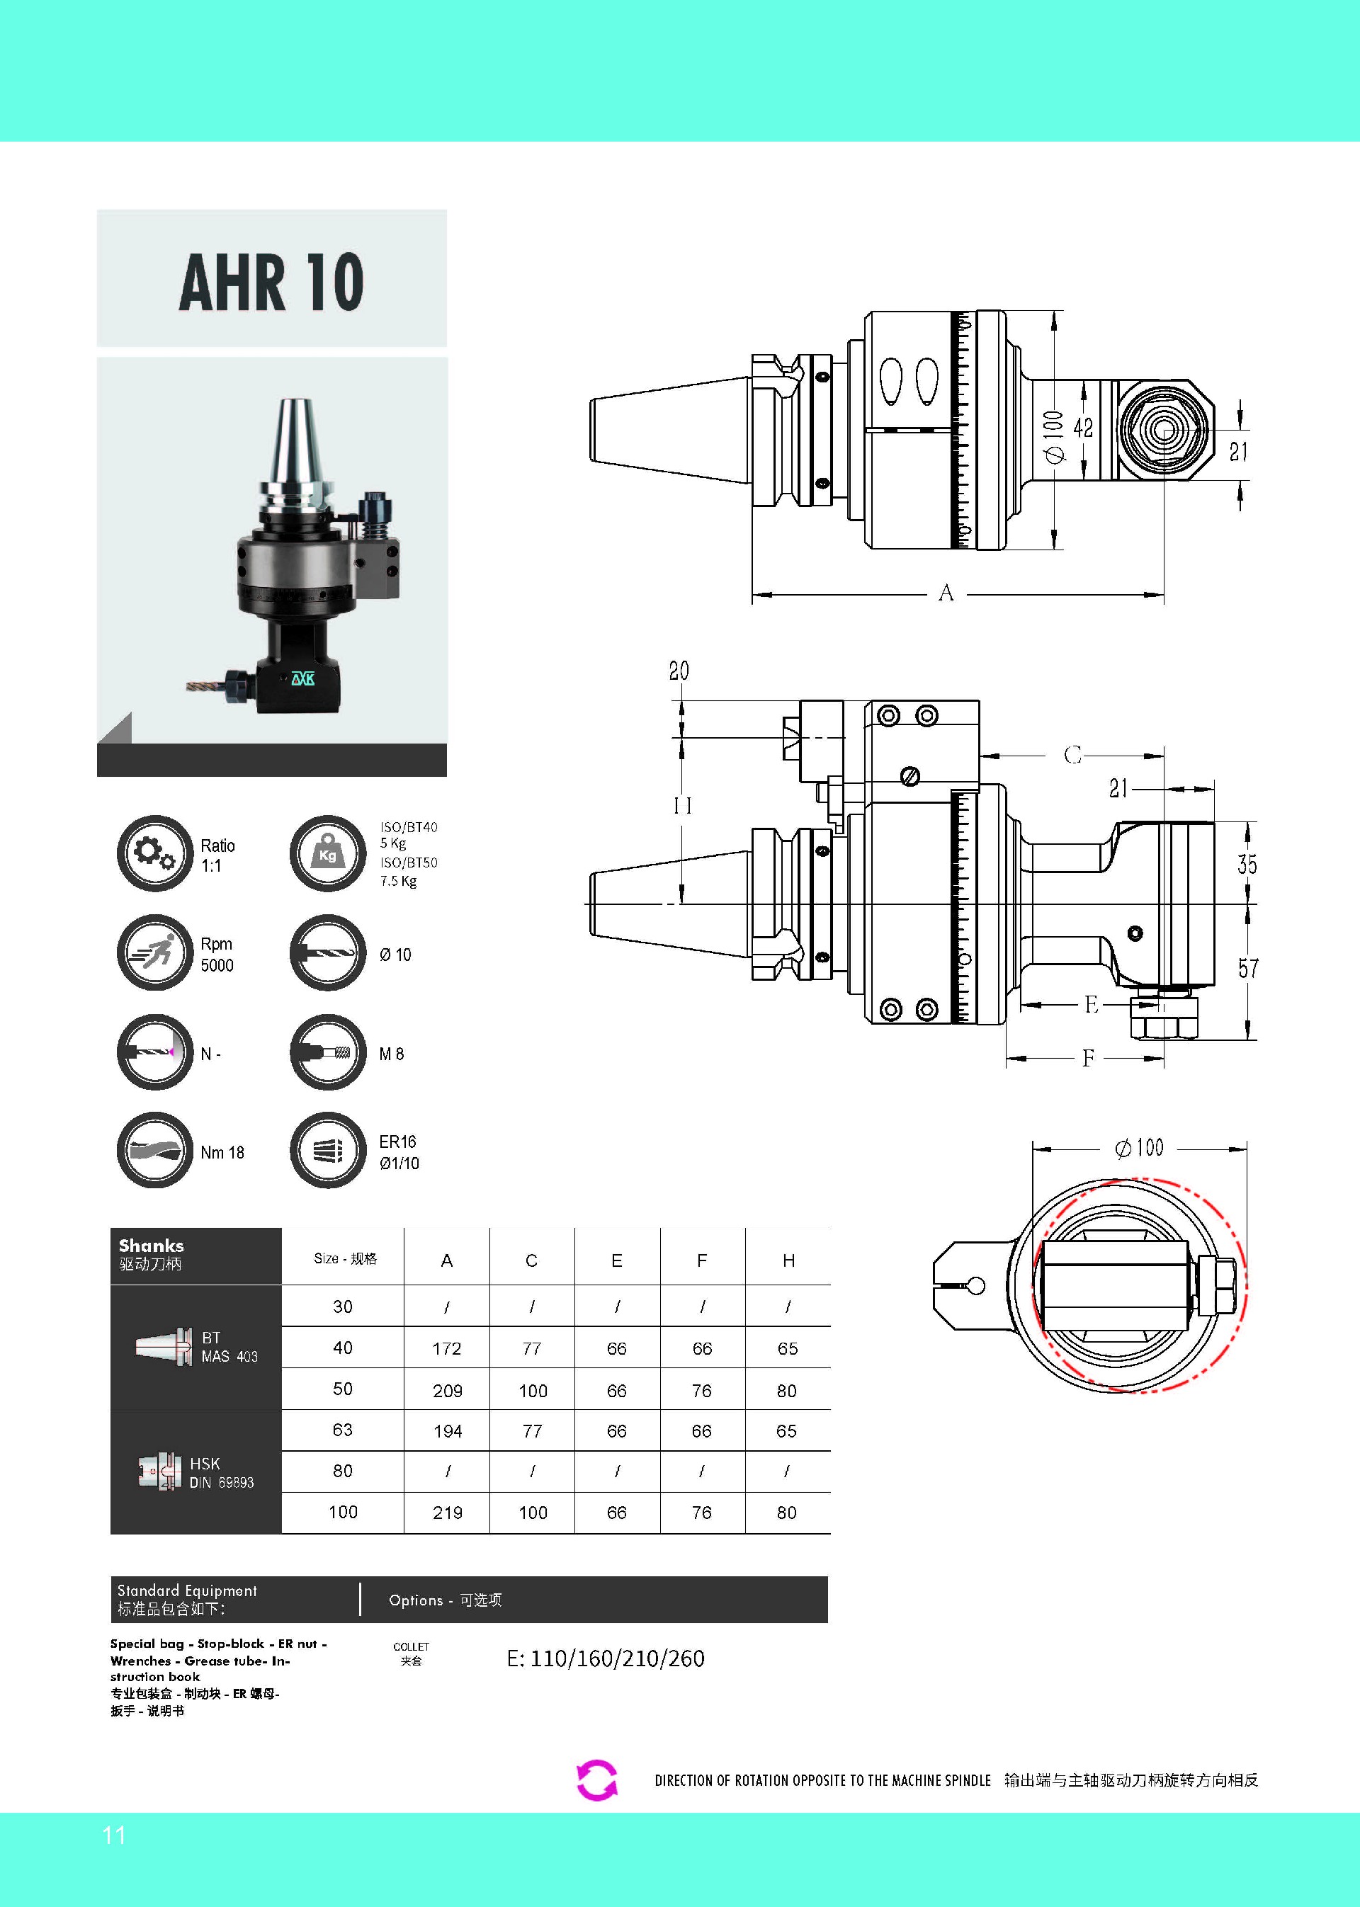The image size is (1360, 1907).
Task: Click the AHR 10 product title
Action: coord(271,282)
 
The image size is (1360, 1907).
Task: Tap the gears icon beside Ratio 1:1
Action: coord(155,853)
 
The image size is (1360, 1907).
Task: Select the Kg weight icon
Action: coord(327,853)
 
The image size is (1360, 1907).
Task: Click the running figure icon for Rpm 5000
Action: coord(155,952)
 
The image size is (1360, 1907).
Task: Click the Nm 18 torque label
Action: coord(222,1153)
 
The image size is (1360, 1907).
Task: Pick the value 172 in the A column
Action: coord(447,1348)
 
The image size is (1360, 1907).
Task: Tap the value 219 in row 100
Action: coord(447,1513)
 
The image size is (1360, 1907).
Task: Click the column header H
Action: coord(788,1260)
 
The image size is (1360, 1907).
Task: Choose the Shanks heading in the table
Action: coord(152,1246)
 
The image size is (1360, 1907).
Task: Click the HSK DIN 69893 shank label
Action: coord(221,1472)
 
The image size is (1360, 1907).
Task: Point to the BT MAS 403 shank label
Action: coord(229,1347)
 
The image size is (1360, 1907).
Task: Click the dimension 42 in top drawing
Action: coord(1083,428)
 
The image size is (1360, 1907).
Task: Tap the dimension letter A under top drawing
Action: coord(946,593)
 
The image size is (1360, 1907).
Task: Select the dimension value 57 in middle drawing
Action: coord(1248,969)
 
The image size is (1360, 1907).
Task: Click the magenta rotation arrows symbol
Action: coord(597,1780)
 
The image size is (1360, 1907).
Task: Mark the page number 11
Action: coord(114,1836)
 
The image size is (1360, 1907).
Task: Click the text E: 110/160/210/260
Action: coord(606,1658)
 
